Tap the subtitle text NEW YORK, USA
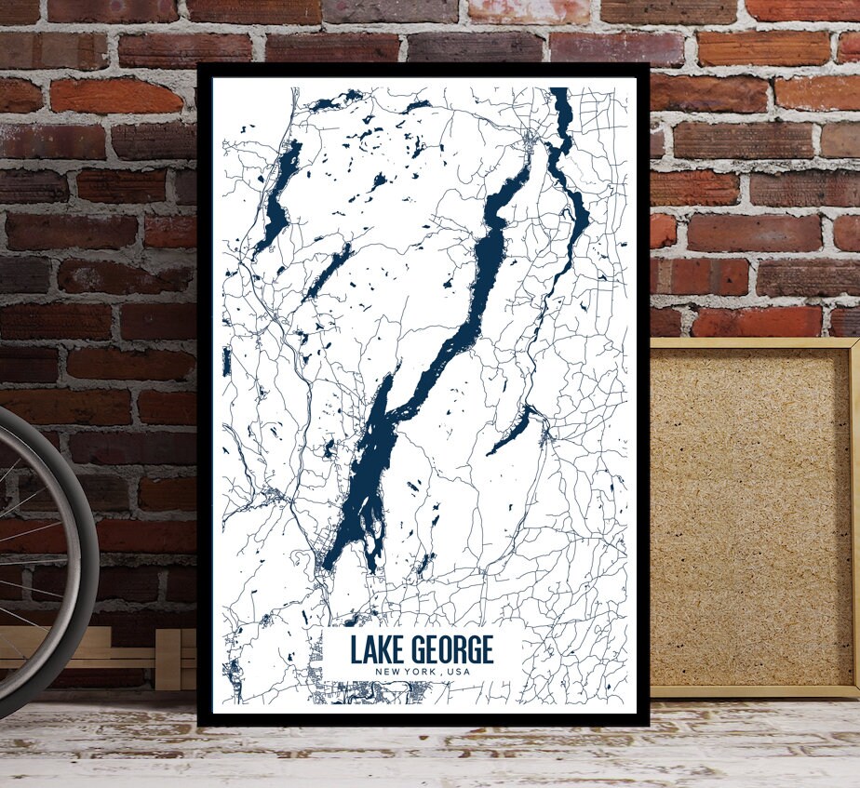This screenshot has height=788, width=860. [x=422, y=673]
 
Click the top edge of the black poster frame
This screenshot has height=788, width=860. [x=423, y=70]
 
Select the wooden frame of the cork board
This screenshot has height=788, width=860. [x=754, y=343]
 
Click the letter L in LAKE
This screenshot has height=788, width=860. [x=355, y=649]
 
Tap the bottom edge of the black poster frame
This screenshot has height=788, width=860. [x=423, y=720]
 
